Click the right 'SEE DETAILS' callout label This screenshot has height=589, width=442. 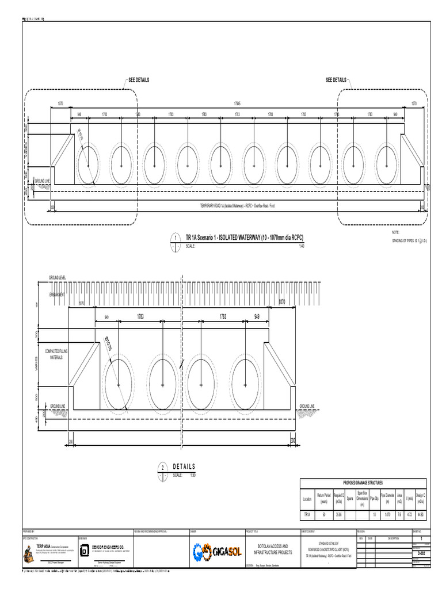tap(336, 80)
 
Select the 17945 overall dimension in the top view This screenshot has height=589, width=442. tap(237, 104)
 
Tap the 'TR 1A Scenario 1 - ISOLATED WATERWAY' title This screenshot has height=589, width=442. tap(244, 238)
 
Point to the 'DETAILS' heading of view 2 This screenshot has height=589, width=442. tap(184, 466)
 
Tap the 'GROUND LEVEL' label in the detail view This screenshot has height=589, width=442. tap(57, 278)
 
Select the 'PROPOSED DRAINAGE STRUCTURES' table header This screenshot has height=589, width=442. tap(363, 483)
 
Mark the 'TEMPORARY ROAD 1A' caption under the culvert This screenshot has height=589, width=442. tap(237, 205)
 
